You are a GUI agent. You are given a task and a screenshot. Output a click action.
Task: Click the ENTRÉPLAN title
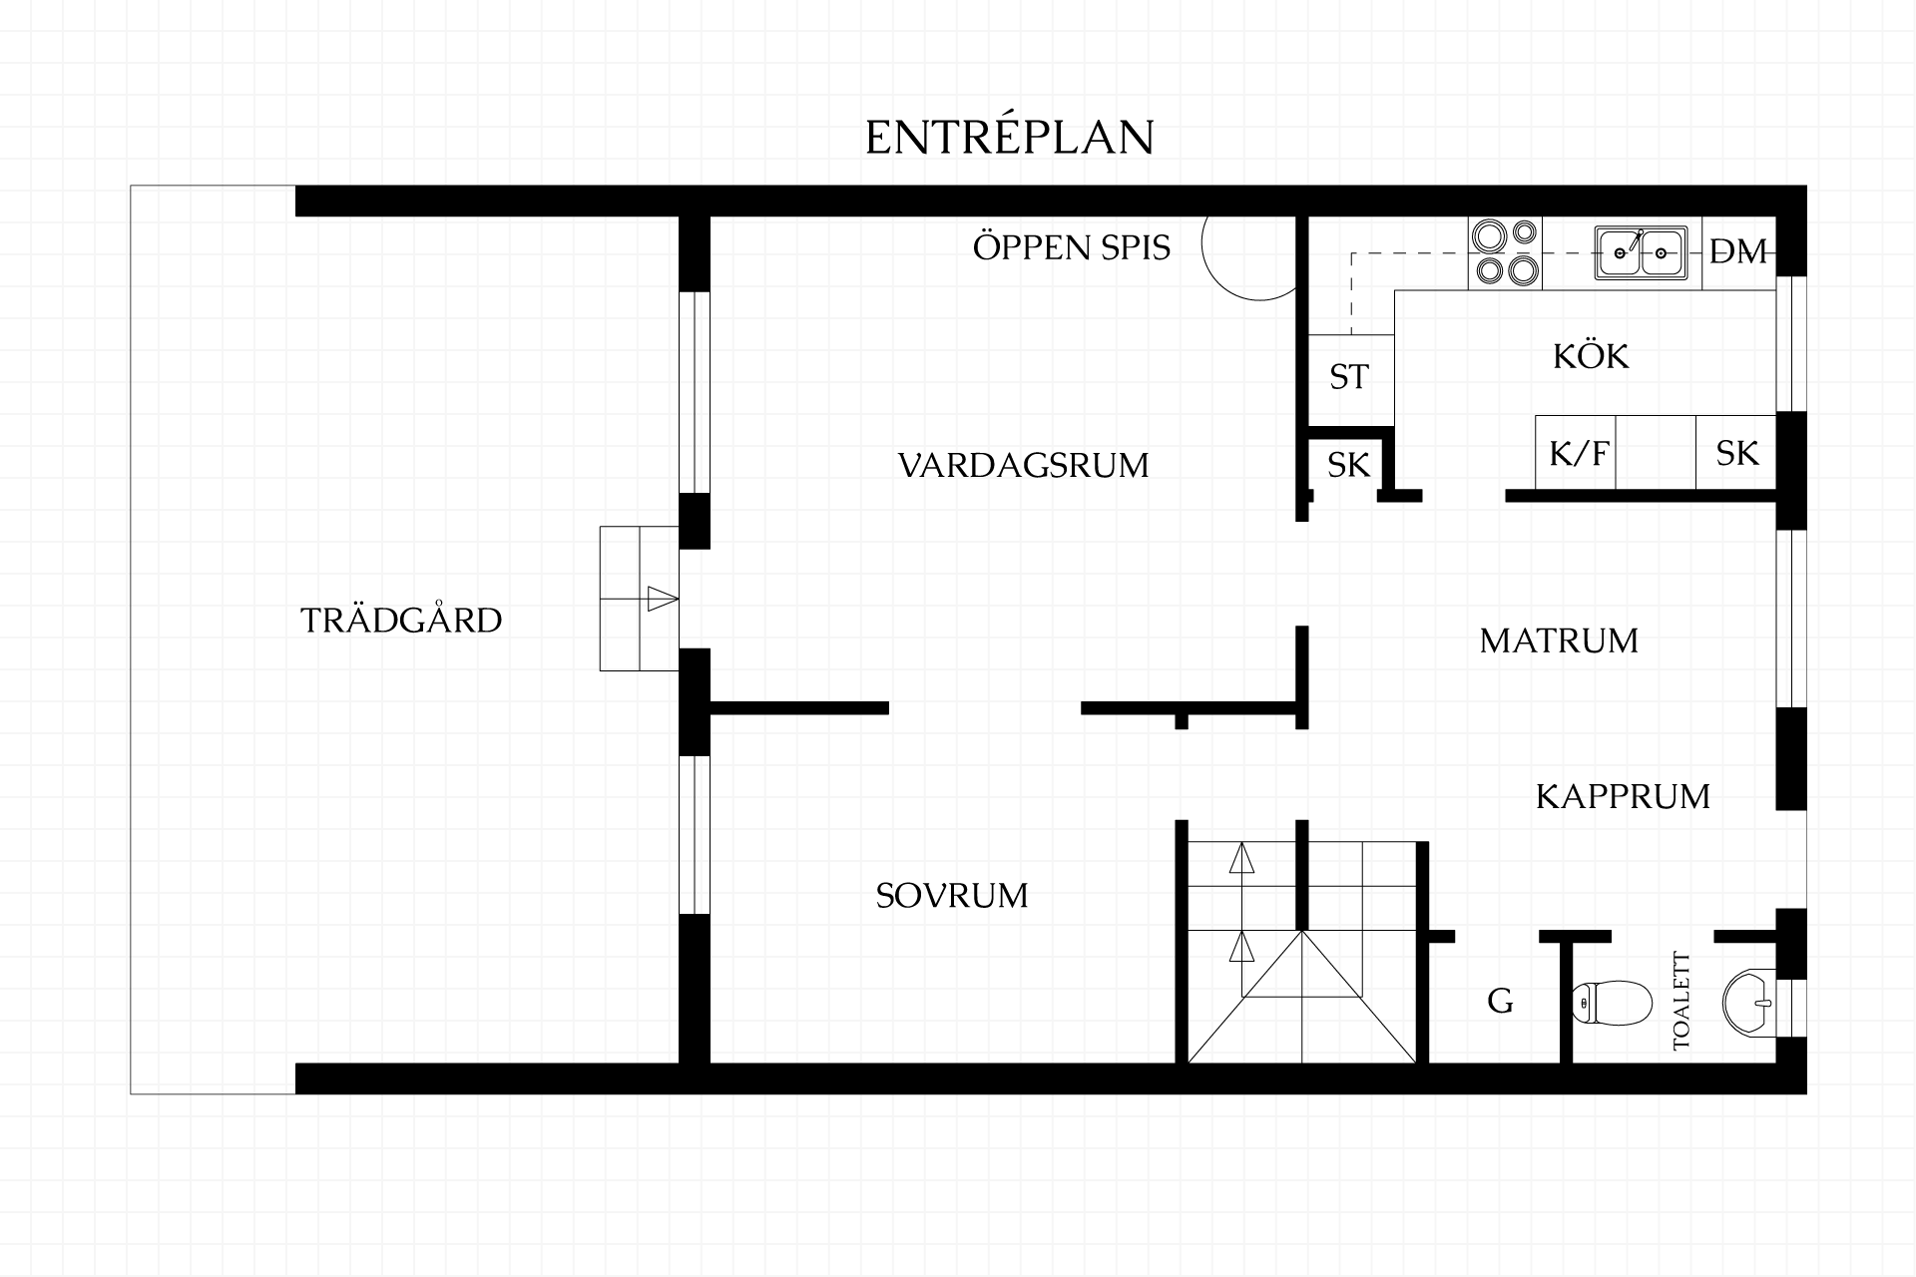(1009, 137)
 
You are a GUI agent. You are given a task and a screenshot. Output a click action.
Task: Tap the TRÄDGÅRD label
(401, 621)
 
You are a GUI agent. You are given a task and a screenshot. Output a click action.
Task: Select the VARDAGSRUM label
(1024, 465)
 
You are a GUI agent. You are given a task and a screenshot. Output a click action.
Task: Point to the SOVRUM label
(952, 896)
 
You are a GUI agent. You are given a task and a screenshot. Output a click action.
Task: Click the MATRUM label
(1559, 640)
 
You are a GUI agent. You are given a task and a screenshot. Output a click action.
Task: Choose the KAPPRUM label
(1623, 796)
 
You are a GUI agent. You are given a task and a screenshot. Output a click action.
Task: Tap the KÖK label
(1591, 355)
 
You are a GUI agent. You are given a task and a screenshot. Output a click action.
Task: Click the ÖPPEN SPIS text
(1072, 246)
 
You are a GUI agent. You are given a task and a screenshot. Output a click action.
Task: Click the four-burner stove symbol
(1505, 253)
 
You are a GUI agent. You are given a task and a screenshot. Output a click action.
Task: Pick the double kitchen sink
(1641, 253)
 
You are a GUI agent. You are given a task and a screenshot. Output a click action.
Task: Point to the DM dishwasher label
(1738, 252)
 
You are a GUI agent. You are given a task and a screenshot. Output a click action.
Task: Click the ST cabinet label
(1349, 377)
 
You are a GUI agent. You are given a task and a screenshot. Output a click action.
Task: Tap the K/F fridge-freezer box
(1575, 452)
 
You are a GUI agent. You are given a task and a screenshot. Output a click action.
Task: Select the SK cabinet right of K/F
(1736, 452)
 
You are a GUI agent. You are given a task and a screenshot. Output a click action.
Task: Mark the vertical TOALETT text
(1682, 1001)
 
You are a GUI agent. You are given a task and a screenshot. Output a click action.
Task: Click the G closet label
(1500, 1001)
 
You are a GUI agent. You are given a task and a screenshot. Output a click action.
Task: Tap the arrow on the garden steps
(663, 599)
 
